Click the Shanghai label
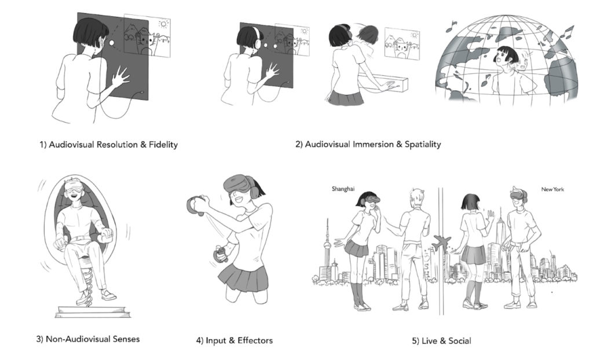(343, 189)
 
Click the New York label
(552, 189)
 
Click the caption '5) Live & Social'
(441, 341)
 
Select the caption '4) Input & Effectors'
(234, 340)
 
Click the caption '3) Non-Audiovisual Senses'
(88, 339)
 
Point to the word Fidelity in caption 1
(163, 145)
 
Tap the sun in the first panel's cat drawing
(163, 24)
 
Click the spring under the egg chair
(87, 280)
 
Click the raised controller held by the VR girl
(196, 204)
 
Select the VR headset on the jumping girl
(237, 185)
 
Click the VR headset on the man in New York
(518, 194)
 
